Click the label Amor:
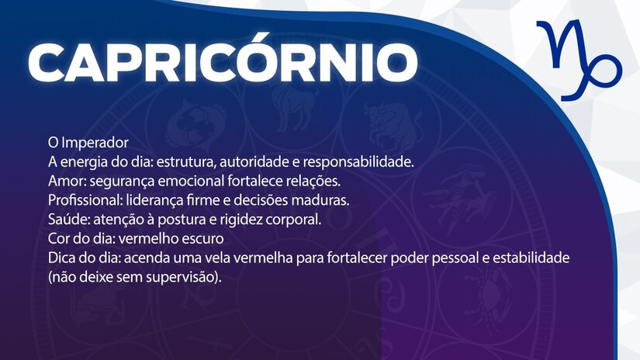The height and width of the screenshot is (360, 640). [x=66, y=181]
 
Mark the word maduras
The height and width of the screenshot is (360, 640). [x=323, y=200]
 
